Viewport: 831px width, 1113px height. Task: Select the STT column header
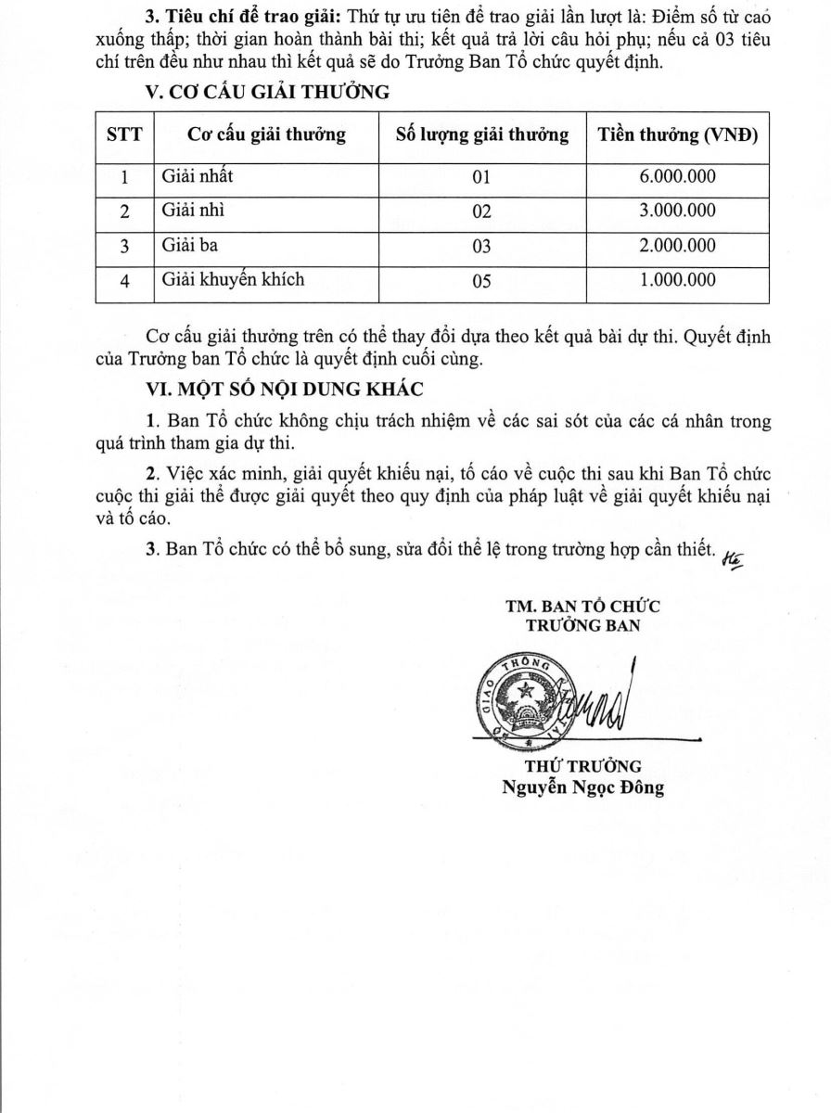(x=124, y=135)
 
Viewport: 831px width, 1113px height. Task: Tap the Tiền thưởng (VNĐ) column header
(x=677, y=135)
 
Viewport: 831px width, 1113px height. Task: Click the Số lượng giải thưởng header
(x=481, y=135)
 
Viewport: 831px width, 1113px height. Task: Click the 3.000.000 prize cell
(x=677, y=211)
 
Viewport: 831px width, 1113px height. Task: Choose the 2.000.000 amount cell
(x=677, y=245)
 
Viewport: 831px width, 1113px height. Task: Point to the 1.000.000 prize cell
(x=677, y=280)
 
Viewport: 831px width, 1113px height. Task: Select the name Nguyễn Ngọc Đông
(x=582, y=788)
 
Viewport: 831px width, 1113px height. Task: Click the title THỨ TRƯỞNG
(x=583, y=766)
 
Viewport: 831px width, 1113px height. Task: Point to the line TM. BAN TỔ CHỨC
(x=582, y=607)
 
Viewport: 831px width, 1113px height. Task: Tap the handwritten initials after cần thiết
(x=732, y=554)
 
